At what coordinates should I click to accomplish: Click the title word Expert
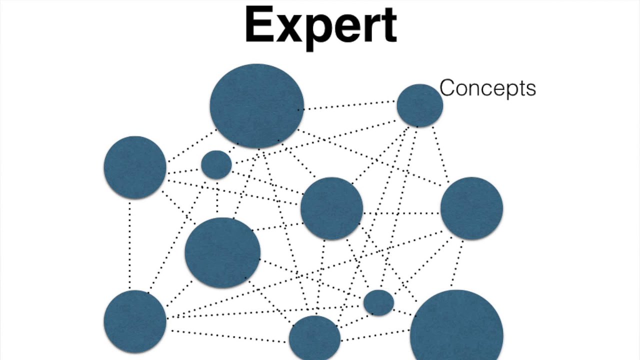pyautogui.click(x=320, y=27)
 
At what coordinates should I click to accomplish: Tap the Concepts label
pyautogui.click(x=487, y=88)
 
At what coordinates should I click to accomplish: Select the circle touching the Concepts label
pyautogui.click(x=419, y=105)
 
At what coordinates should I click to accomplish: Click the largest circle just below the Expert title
pyautogui.click(x=257, y=105)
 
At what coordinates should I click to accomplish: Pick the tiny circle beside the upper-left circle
pyautogui.click(x=216, y=165)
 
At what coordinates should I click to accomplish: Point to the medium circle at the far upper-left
pyautogui.click(x=135, y=167)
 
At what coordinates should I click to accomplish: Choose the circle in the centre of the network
pyautogui.click(x=331, y=208)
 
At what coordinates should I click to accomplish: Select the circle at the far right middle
pyautogui.click(x=471, y=208)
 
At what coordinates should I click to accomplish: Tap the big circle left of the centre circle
pyautogui.click(x=222, y=252)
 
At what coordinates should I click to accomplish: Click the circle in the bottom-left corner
pyautogui.click(x=135, y=321)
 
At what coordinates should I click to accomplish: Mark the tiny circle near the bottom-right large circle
pyautogui.click(x=378, y=302)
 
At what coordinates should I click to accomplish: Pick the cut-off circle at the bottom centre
pyautogui.click(x=314, y=337)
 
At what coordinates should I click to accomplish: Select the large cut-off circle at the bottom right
pyautogui.click(x=456, y=325)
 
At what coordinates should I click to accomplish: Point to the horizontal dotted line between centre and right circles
pyautogui.click(x=401, y=213)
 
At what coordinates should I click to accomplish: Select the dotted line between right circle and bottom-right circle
pyautogui.click(x=457, y=262)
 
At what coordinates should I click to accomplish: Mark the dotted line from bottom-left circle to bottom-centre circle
pyautogui.click(x=228, y=336)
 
